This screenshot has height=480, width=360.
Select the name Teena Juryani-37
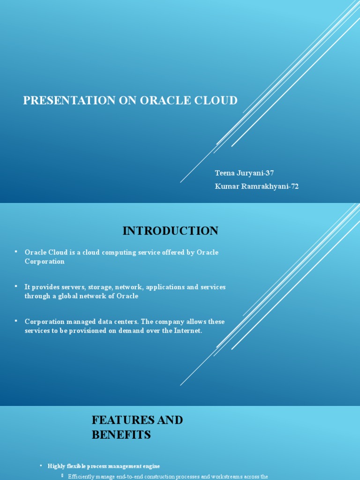(244, 173)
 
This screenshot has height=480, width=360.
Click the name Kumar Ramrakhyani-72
(256, 186)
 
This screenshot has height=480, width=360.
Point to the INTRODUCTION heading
(170, 231)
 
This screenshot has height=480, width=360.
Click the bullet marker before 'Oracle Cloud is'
(15, 252)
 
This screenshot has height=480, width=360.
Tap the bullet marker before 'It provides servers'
(15, 286)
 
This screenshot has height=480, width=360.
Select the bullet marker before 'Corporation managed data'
(15, 321)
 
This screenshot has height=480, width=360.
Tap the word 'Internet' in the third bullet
(187, 330)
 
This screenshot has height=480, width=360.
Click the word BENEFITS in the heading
(121, 435)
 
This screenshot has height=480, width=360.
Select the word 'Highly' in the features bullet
(57, 466)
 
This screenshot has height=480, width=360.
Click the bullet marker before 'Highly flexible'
(41, 465)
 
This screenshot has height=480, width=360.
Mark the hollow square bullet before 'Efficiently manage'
(62, 476)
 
